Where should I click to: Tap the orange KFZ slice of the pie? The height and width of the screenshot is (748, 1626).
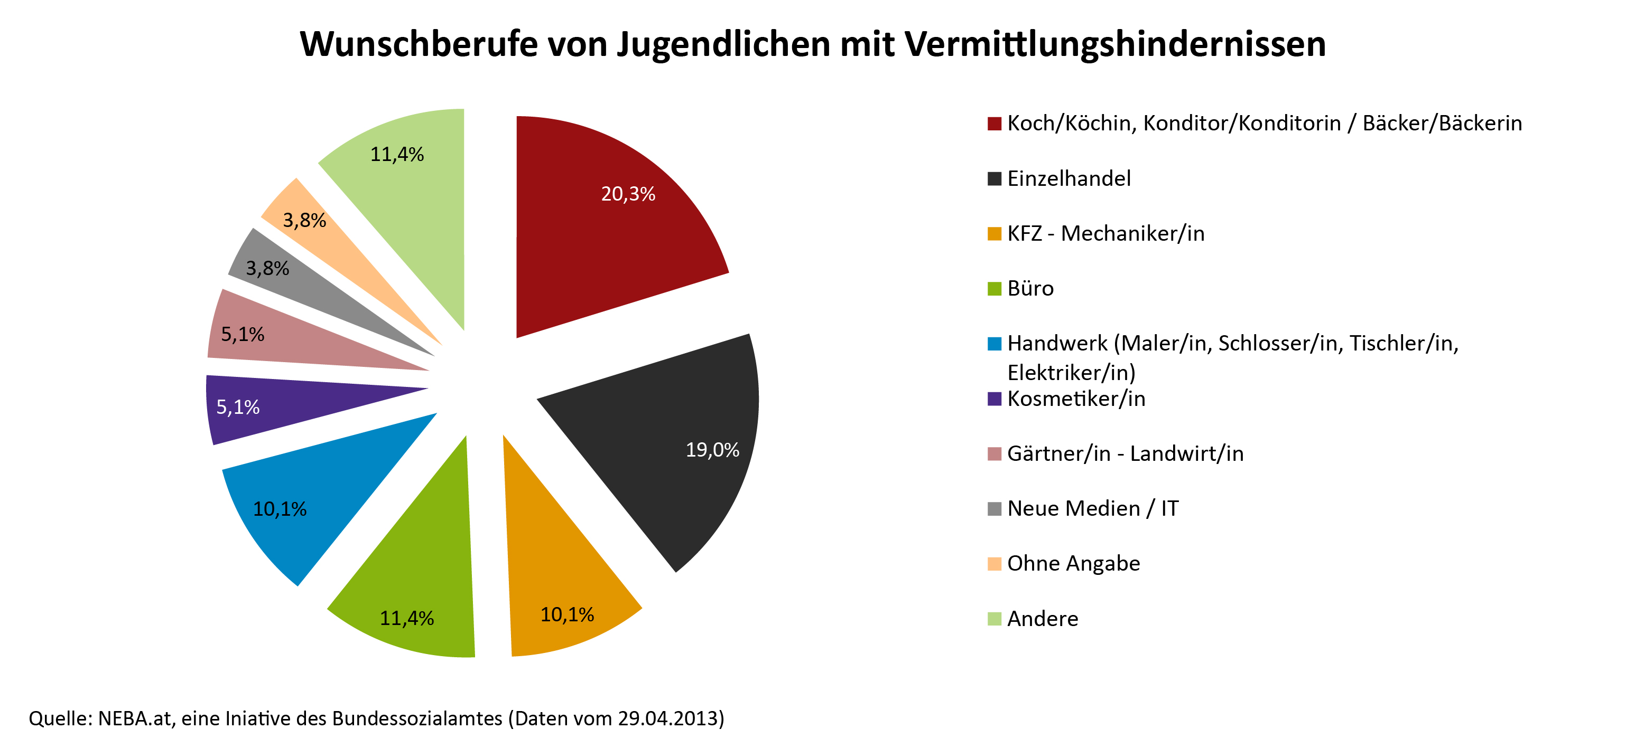[x=555, y=567]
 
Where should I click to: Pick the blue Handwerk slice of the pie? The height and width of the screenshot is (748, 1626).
[x=315, y=498]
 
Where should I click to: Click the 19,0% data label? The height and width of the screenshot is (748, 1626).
[x=712, y=450]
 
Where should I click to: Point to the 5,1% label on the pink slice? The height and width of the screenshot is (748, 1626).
[x=243, y=334]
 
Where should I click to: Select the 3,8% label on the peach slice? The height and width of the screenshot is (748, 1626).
[x=304, y=220]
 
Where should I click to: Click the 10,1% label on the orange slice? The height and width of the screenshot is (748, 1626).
[x=567, y=614]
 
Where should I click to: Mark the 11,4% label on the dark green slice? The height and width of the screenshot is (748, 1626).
[x=406, y=618]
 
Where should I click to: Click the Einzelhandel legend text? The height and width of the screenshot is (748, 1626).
[x=1068, y=178]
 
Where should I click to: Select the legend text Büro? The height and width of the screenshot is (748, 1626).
[x=1030, y=288]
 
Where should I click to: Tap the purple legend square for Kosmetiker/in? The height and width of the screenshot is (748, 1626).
[x=994, y=399]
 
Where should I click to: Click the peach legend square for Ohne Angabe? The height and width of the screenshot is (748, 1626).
[x=994, y=563]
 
